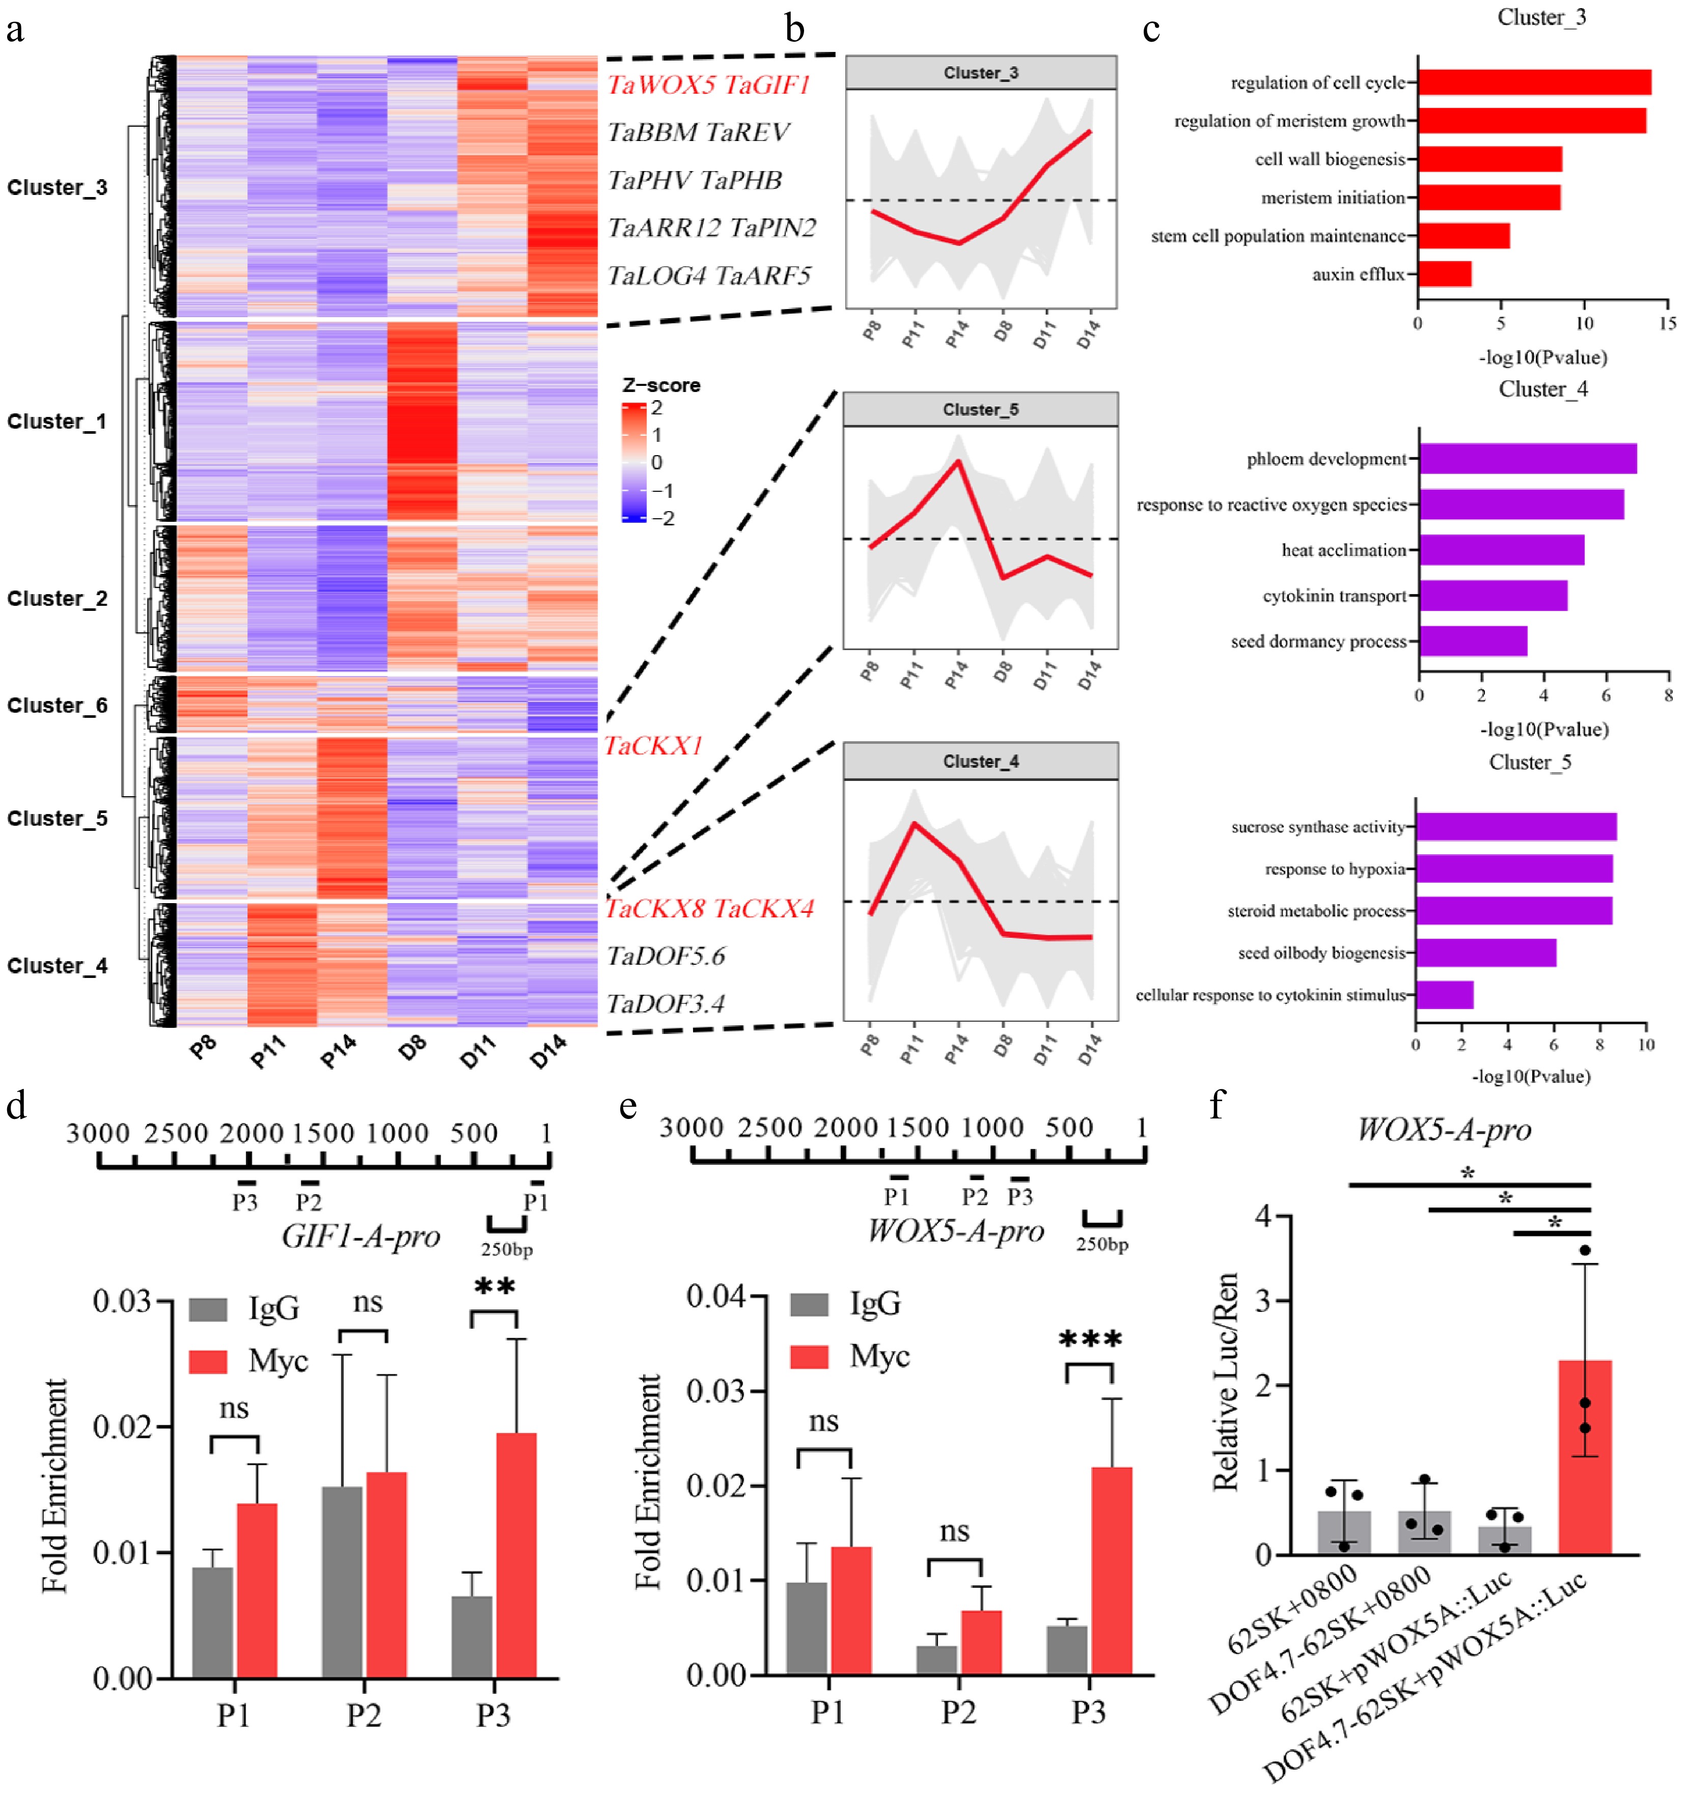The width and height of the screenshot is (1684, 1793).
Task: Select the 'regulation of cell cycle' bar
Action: pos(1533,82)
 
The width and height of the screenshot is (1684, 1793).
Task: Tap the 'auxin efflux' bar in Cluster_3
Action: pos(1444,274)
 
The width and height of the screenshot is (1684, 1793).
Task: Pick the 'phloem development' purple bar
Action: pos(1527,459)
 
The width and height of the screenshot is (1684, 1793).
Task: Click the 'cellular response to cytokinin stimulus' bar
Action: pos(1444,995)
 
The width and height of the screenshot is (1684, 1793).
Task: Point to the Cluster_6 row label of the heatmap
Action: pos(57,705)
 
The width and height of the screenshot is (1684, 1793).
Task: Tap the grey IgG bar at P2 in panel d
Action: pos(342,1582)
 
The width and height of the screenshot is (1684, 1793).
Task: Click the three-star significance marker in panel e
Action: pos(1090,1338)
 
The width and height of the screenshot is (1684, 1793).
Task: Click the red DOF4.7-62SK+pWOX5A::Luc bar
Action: pos(1585,1456)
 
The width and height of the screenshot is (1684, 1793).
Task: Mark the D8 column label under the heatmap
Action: pos(412,1048)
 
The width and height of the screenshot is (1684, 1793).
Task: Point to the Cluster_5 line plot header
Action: pos(980,409)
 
